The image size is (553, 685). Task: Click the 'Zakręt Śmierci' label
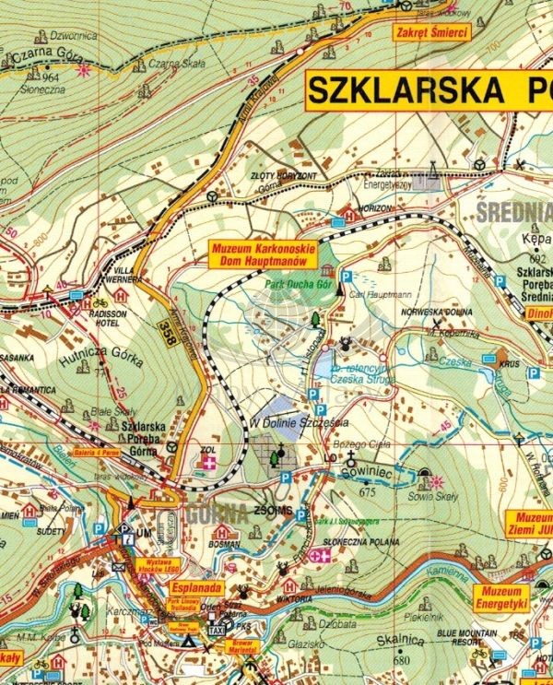(429, 33)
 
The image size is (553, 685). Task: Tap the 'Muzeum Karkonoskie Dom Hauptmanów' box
(263, 254)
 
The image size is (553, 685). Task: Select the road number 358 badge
(165, 329)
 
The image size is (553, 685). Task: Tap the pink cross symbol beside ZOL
(210, 463)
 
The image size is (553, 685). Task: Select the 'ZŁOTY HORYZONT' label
(282, 176)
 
